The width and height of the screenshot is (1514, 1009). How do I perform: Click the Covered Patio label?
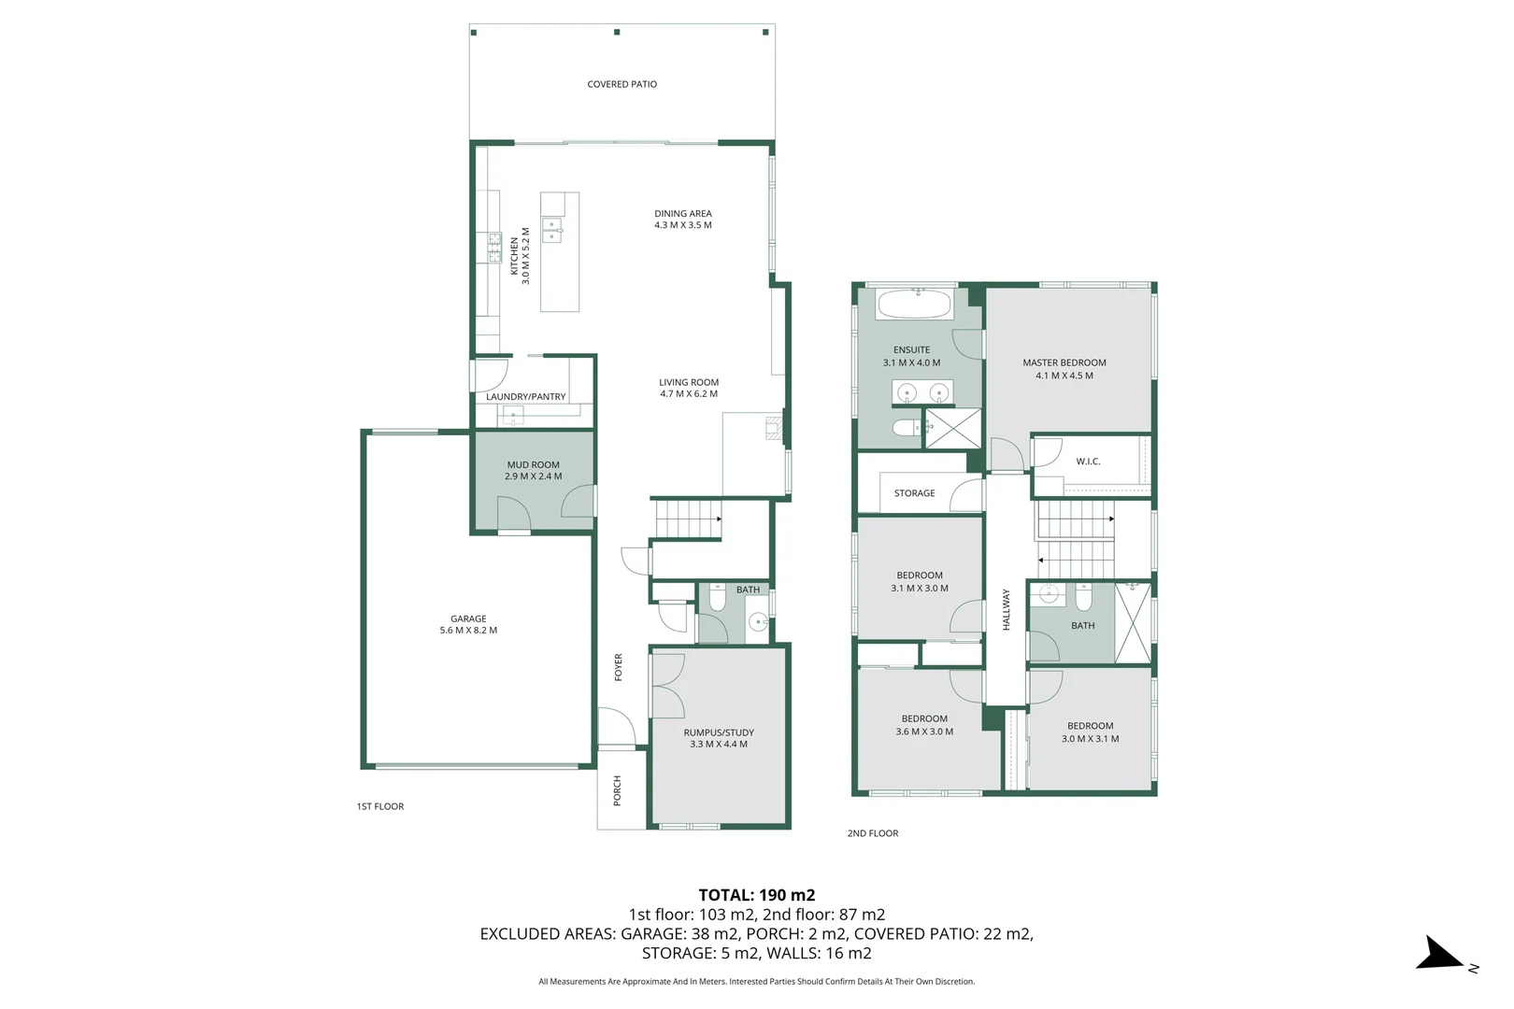pyautogui.click(x=621, y=84)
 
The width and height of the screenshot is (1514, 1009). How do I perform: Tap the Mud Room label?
pyautogui.click(x=533, y=464)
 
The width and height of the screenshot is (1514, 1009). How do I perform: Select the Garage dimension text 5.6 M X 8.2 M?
pyautogui.click(x=468, y=631)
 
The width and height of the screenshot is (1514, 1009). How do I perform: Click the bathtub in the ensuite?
pyautogui.click(x=915, y=304)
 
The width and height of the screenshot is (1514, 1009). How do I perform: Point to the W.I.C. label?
pyautogui.click(x=1088, y=462)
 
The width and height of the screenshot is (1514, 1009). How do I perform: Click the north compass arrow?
pyautogui.click(x=1440, y=955)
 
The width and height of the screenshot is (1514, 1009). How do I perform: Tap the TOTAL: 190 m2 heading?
pyautogui.click(x=756, y=895)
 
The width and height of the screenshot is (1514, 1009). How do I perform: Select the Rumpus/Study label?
pyautogui.click(x=718, y=732)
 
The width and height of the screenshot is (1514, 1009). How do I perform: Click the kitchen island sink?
pyautogui.click(x=552, y=230)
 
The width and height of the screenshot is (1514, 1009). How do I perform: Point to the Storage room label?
pyautogui.click(x=914, y=493)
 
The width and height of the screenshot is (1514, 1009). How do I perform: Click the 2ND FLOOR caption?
pyautogui.click(x=872, y=833)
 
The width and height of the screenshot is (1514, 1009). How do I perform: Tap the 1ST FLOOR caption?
pyautogui.click(x=380, y=806)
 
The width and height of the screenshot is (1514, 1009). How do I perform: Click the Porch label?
pyautogui.click(x=617, y=790)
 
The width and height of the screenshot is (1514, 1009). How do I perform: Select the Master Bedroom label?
pyautogui.click(x=1064, y=362)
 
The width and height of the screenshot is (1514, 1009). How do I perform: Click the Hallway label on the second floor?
pyautogui.click(x=1007, y=609)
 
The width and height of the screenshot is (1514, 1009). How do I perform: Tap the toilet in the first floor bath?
pyautogui.click(x=717, y=598)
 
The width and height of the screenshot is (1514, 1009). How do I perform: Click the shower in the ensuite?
pyautogui.click(x=953, y=429)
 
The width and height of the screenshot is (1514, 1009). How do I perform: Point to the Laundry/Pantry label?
pyautogui.click(x=525, y=397)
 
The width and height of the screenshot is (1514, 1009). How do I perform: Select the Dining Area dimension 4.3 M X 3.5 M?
pyautogui.click(x=682, y=225)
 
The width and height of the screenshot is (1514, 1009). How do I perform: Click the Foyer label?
pyautogui.click(x=618, y=667)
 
